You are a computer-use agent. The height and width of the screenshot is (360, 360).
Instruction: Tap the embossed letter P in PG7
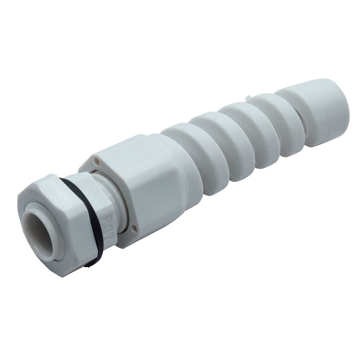point(105,217)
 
